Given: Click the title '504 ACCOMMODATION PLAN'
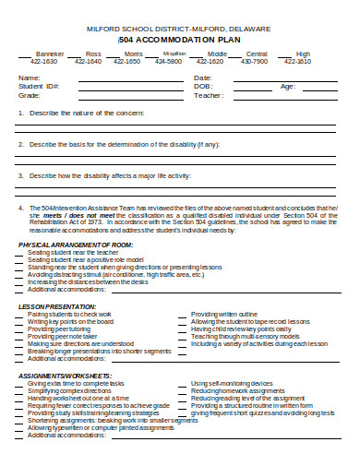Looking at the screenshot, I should point(181,42).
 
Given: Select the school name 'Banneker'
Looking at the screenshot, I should point(50,54).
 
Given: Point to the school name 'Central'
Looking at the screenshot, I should point(258,54).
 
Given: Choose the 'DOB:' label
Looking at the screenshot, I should point(202,86).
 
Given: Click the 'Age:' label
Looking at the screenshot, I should point(287,86).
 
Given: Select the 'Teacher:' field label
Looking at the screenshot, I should point(209,95).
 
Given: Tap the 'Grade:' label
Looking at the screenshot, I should point(30,95).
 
